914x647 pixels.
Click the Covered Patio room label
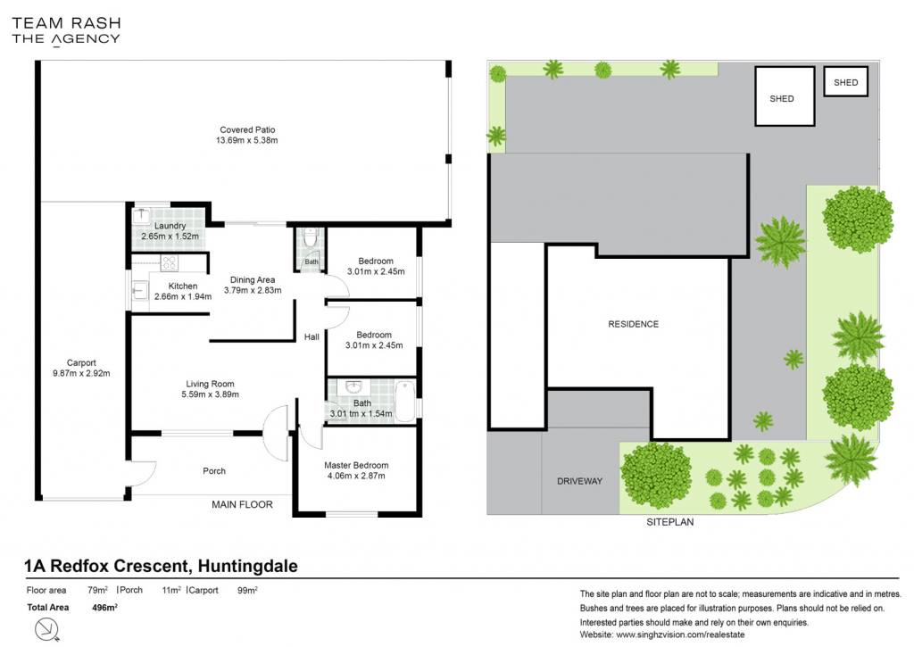pyautogui.click(x=247, y=129)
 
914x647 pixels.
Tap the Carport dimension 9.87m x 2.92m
pyautogui.click(x=81, y=373)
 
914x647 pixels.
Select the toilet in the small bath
pyautogui.click(x=311, y=236)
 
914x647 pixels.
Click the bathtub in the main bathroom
pyautogui.click(x=405, y=401)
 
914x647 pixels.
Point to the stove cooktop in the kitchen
pyautogui.click(x=169, y=263)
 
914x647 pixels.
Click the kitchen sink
pyautogui.click(x=140, y=290)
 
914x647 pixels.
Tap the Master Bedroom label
pyautogui.click(x=356, y=465)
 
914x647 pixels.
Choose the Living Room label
pyautogui.click(x=210, y=384)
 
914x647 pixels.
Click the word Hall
pyautogui.click(x=312, y=337)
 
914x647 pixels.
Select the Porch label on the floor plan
pyautogui.click(x=214, y=471)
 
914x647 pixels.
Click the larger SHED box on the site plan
pyautogui.click(x=785, y=96)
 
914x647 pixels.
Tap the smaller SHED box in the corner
pyautogui.click(x=846, y=81)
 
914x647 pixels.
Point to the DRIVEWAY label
pyautogui.click(x=579, y=481)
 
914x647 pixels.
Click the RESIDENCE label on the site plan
pyautogui.click(x=633, y=324)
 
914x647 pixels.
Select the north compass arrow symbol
pyautogui.click(x=47, y=630)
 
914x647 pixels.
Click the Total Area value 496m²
pyautogui.click(x=105, y=608)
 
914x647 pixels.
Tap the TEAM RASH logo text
pyautogui.click(x=66, y=23)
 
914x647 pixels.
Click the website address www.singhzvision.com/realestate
pyautogui.click(x=680, y=635)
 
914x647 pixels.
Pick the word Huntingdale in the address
pyautogui.click(x=248, y=566)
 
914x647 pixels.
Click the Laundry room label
pyautogui.click(x=170, y=226)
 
